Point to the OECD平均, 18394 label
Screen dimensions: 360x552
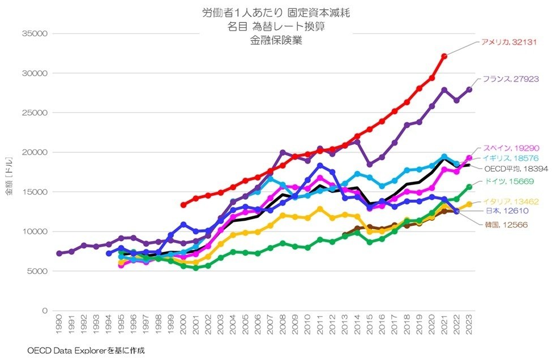tap(516, 169)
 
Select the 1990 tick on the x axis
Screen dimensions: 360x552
tap(59, 327)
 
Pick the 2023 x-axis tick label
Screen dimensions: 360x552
tap(469, 327)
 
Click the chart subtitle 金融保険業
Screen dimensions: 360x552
tap(276, 40)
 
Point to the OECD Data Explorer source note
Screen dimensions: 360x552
tap(86, 350)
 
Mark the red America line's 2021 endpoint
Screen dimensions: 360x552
tap(444, 56)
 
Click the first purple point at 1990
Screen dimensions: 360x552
tap(59, 253)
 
